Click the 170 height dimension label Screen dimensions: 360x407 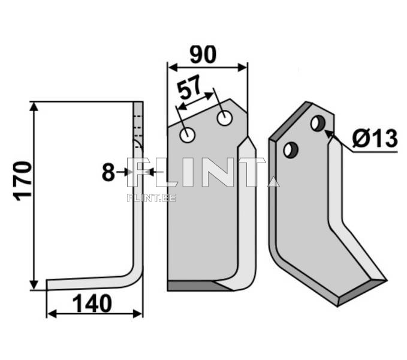coord(23,181)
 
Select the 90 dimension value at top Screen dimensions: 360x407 coord(203,55)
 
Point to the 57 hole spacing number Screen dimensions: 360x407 coord(191,90)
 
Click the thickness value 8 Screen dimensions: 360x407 coord(108,173)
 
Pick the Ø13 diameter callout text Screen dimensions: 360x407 coord(375,139)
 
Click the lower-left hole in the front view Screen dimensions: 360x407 coord(188,134)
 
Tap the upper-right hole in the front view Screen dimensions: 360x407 coord(225,118)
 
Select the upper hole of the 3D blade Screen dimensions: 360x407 coord(318,124)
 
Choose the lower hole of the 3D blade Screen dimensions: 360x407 coord(291,149)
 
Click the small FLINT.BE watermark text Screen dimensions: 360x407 coord(151,197)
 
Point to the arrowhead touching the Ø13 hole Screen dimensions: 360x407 coord(329,134)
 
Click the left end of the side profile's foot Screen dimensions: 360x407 coord(49,284)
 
